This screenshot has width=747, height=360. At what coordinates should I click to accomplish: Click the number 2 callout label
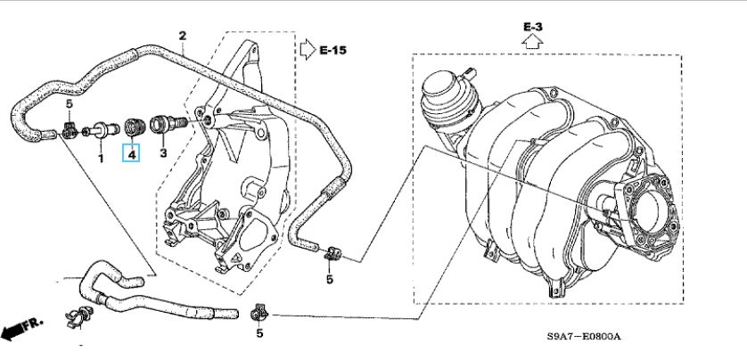pos(182,37)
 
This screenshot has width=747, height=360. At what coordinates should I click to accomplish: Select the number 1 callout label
pos(101,159)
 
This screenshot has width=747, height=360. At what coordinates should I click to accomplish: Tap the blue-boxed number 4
pos(132,155)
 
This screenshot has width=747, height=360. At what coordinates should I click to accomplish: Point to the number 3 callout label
pos(163,154)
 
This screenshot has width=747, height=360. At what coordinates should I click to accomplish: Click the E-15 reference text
pos(332,51)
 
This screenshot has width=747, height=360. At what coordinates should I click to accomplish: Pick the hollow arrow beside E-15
pos(306,47)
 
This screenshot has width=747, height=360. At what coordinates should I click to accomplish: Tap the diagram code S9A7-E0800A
pos(583,337)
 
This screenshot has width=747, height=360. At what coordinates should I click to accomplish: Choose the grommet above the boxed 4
pos(134,127)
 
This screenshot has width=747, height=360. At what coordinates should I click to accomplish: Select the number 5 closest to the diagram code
pos(259,333)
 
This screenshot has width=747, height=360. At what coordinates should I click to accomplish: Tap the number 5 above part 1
pos(69,105)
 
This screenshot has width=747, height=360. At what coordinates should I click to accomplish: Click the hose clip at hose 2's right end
pos(330,252)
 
